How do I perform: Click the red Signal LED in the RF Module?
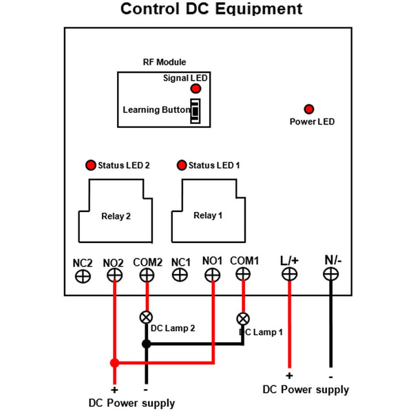pyautogui.click(x=195, y=89)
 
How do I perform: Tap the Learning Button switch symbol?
pyautogui.click(x=195, y=111)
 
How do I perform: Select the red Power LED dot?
pyautogui.click(x=309, y=109)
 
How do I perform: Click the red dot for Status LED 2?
pyautogui.click(x=90, y=165)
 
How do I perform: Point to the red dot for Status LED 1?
pyautogui.click(x=182, y=165)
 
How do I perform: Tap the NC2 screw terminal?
pyautogui.click(x=83, y=275)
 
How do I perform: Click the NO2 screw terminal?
pyautogui.click(x=114, y=275)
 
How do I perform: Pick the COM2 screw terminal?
pyautogui.click(x=146, y=275)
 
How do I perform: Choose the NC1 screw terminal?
pyautogui.click(x=180, y=275)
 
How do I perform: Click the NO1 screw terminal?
pyautogui.click(x=213, y=275)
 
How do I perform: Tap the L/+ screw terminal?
pyautogui.click(x=289, y=274)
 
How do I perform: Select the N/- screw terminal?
pyautogui.click(x=331, y=274)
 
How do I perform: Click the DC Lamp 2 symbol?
pyautogui.click(x=146, y=317)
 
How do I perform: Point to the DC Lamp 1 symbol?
pyautogui.click(x=243, y=319)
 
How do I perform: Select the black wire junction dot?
pyautogui.click(x=146, y=343)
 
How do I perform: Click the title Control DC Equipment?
pyautogui.click(x=211, y=10)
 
